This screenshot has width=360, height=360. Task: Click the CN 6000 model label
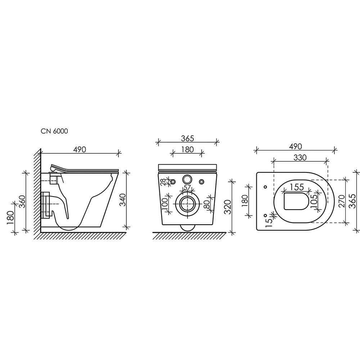pos(54,131)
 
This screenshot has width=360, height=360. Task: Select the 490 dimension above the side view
pos(80,149)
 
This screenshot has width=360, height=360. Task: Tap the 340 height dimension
pos(123,200)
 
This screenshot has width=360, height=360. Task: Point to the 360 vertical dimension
pos(22,201)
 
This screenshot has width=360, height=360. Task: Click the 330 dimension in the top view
pos(300,158)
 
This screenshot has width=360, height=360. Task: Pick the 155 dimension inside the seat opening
pos(297,187)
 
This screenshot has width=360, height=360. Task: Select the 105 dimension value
pos(314,200)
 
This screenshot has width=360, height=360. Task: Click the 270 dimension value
pos(342,201)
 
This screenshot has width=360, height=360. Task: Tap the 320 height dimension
pos(228,207)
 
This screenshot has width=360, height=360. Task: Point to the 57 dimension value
pos(187,187)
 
